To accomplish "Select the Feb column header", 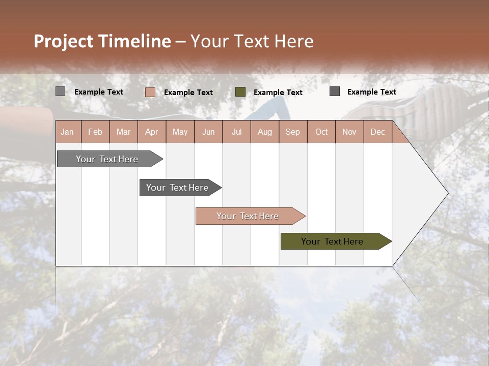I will click(x=95, y=132).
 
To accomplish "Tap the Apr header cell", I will click(x=151, y=132).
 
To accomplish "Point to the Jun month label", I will click(x=208, y=132).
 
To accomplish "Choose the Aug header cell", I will click(x=264, y=132).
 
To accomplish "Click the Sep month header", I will click(x=292, y=132).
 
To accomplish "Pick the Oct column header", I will click(x=321, y=132).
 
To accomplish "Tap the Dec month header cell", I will click(x=377, y=132).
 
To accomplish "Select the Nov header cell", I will click(x=349, y=132).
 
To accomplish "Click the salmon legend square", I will click(x=150, y=92).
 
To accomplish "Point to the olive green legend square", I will click(x=240, y=92).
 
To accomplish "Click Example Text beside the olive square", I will click(x=278, y=93).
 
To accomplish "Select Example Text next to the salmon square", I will click(x=188, y=93).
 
